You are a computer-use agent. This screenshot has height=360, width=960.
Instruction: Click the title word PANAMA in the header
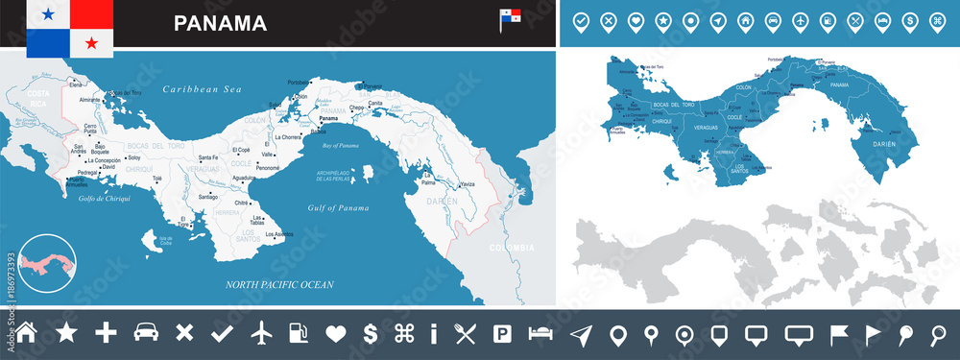coord(220,23)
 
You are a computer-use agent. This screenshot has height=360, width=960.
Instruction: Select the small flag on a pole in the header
coord(509,18)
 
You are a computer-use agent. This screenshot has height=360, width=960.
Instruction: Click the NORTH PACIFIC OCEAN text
coord(279,284)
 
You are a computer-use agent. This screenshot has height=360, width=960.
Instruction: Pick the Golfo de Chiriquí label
coord(105,200)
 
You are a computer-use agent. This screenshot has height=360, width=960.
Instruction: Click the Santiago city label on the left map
coord(207,197)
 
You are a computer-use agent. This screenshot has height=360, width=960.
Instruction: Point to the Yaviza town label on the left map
coord(467,184)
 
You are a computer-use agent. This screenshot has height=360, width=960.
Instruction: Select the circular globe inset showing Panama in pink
coord(50,260)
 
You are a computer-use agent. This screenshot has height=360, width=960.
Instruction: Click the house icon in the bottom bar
coord(27,333)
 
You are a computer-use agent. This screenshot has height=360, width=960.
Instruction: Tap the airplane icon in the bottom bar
coord(262,333)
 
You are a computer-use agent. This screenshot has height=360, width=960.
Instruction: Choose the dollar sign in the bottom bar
coord(370,333)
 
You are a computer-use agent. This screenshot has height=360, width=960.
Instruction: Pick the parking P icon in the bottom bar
coord(501,333)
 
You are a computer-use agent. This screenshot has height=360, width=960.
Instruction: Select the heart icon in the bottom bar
coord(335,333)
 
